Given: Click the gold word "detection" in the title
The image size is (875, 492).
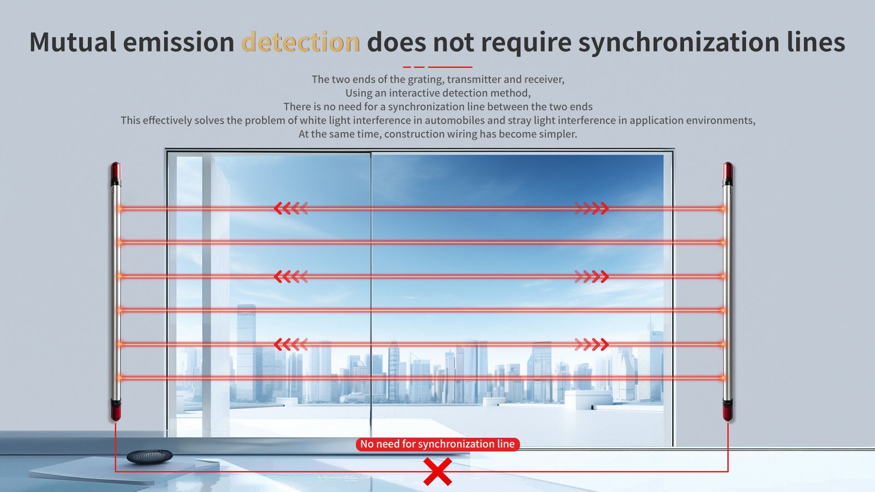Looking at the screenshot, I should [x=300, y=42].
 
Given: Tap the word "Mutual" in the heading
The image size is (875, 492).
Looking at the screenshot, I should [x=72, y=42].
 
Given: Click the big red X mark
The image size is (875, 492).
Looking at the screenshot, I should [x=437, y=471].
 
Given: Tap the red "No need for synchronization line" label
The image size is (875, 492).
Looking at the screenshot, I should [x=437, y=444].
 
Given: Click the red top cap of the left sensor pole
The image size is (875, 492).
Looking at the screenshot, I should [x=115, y=172].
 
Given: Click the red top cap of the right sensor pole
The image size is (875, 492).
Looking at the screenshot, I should [x=727, y=172].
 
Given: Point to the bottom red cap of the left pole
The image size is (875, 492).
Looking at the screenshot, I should [x=115, y=410].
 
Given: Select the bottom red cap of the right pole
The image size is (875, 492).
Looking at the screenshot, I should [x=727, y=410].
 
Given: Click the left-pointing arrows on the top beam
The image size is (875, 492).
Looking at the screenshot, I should [x=290, y=208].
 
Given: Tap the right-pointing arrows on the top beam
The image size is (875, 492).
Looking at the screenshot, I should [x=592, y=208].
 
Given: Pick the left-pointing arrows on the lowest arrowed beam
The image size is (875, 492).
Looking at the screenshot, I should [x=290, y=344].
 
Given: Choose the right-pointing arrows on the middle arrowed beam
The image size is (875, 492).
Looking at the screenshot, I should [x=592, y=276].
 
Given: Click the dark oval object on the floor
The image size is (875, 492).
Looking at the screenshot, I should [x=149, y=456].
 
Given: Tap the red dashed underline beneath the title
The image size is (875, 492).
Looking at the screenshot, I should [x=437, y=67].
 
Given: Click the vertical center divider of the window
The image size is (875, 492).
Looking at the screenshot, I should [x=371, y=295].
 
